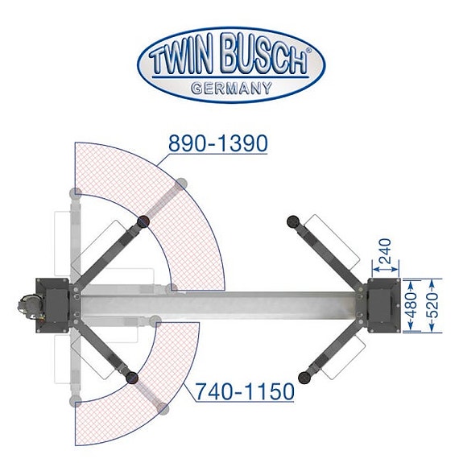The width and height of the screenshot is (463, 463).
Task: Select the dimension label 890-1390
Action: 217,143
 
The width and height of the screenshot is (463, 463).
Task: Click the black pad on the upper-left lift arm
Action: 143,221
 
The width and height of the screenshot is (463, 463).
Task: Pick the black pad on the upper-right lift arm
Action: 293,220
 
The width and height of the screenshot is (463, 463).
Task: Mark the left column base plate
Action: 56,304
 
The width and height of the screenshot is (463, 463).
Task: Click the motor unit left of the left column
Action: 25,307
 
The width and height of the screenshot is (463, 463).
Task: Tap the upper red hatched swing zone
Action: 193,217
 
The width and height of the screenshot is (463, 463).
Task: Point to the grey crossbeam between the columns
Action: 217,305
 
